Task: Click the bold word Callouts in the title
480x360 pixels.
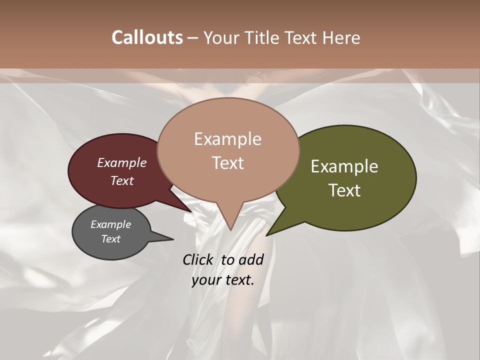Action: point(147,37)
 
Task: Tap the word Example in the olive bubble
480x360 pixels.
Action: point(344,166)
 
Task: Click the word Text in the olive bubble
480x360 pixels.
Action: point(344,190)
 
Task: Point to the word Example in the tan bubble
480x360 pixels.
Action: point(227,139)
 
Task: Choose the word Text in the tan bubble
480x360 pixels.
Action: point(227,163)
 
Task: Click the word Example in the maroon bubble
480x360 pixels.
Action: point(121,163)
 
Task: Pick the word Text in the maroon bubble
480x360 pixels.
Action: point(121,181)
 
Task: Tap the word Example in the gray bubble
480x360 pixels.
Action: point(110,224)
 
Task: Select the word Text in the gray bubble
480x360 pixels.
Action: point(110,239)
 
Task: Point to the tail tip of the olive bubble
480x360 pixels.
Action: point(267,235)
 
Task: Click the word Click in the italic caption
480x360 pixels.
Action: point(199,259)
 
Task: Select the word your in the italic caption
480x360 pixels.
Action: point(206,280)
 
